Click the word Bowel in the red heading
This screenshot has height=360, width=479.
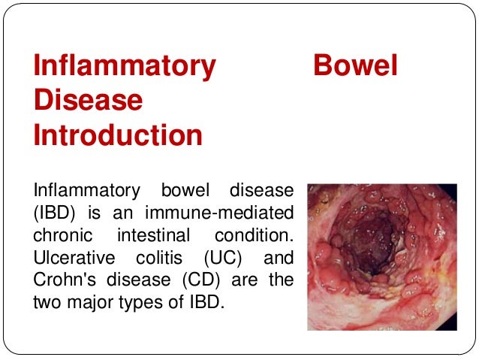click(x=354, y=66)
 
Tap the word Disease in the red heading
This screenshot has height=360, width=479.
click(x=88, y=101)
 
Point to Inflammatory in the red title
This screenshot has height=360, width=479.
click(x=125, y=66)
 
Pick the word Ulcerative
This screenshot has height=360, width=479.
click(x=74, y=259)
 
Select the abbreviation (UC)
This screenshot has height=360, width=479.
click(x=219, y=259)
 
